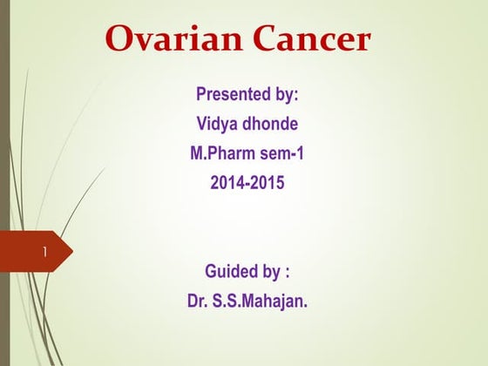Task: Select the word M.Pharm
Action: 221,154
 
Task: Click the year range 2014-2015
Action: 247,185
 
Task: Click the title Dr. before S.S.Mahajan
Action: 199,302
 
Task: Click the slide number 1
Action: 43,253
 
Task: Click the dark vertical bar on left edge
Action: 4,131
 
